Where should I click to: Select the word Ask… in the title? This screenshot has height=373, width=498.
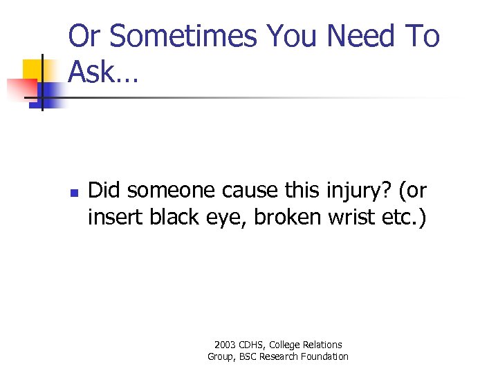(x=104, y=72)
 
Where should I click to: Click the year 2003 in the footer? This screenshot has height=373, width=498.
(x=225, y=344)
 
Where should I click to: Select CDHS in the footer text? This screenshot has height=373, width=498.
(x=252, y=344)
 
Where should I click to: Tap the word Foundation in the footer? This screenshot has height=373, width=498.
(x=324, y=356)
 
